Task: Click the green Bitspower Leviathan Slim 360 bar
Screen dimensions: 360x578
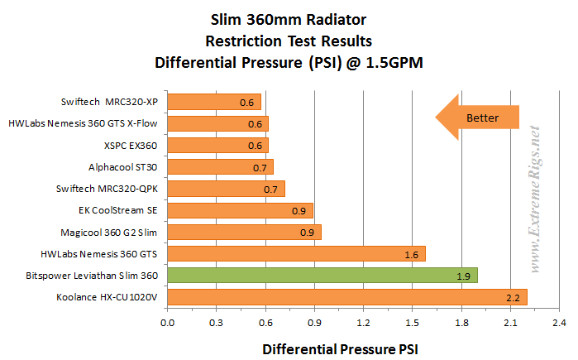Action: tap(322, 275)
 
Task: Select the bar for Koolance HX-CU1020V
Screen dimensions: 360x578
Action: tap(347, 296)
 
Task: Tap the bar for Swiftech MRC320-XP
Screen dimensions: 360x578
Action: tap(214, 102)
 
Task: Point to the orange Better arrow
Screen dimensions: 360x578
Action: tap(477, 118)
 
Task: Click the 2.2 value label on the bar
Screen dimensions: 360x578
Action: tap(512, 297)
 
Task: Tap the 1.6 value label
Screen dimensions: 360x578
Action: tap(411, 254)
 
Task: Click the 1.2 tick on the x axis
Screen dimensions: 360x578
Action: tap(363, 322)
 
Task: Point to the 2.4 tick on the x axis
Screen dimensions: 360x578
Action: tap(558, 322)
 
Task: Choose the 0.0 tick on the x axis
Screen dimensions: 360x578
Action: tap(168, 322)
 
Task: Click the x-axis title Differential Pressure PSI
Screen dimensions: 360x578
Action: tap(341, 349)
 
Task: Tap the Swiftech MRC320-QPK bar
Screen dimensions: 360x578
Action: tap(226, 189)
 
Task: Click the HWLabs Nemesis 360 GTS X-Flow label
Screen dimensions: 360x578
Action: tap(83, 123)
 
